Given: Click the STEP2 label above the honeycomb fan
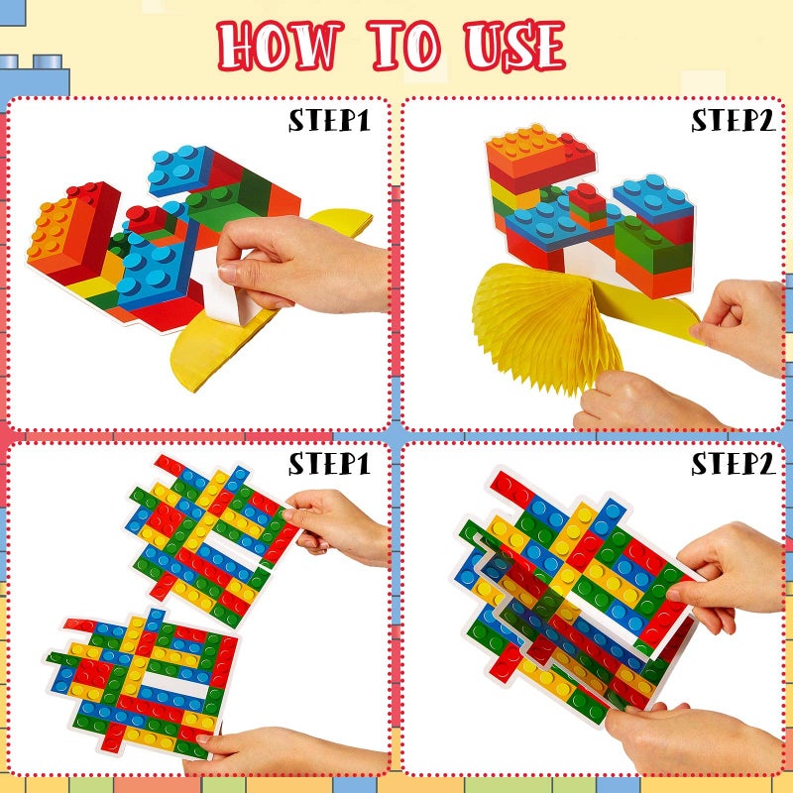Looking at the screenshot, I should click(x=733, y=121).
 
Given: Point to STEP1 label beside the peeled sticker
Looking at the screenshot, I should click(x=329, y=121).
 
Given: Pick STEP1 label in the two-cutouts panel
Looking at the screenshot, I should click(x=329, y=463).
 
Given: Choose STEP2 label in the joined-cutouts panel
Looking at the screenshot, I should click(x=733, y=463).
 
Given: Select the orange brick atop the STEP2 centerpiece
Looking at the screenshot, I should click(x=535, y=149).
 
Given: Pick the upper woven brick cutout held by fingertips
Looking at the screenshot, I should click(x=208, y=540).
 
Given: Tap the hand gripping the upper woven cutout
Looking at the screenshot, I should click(x=337, y=525).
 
